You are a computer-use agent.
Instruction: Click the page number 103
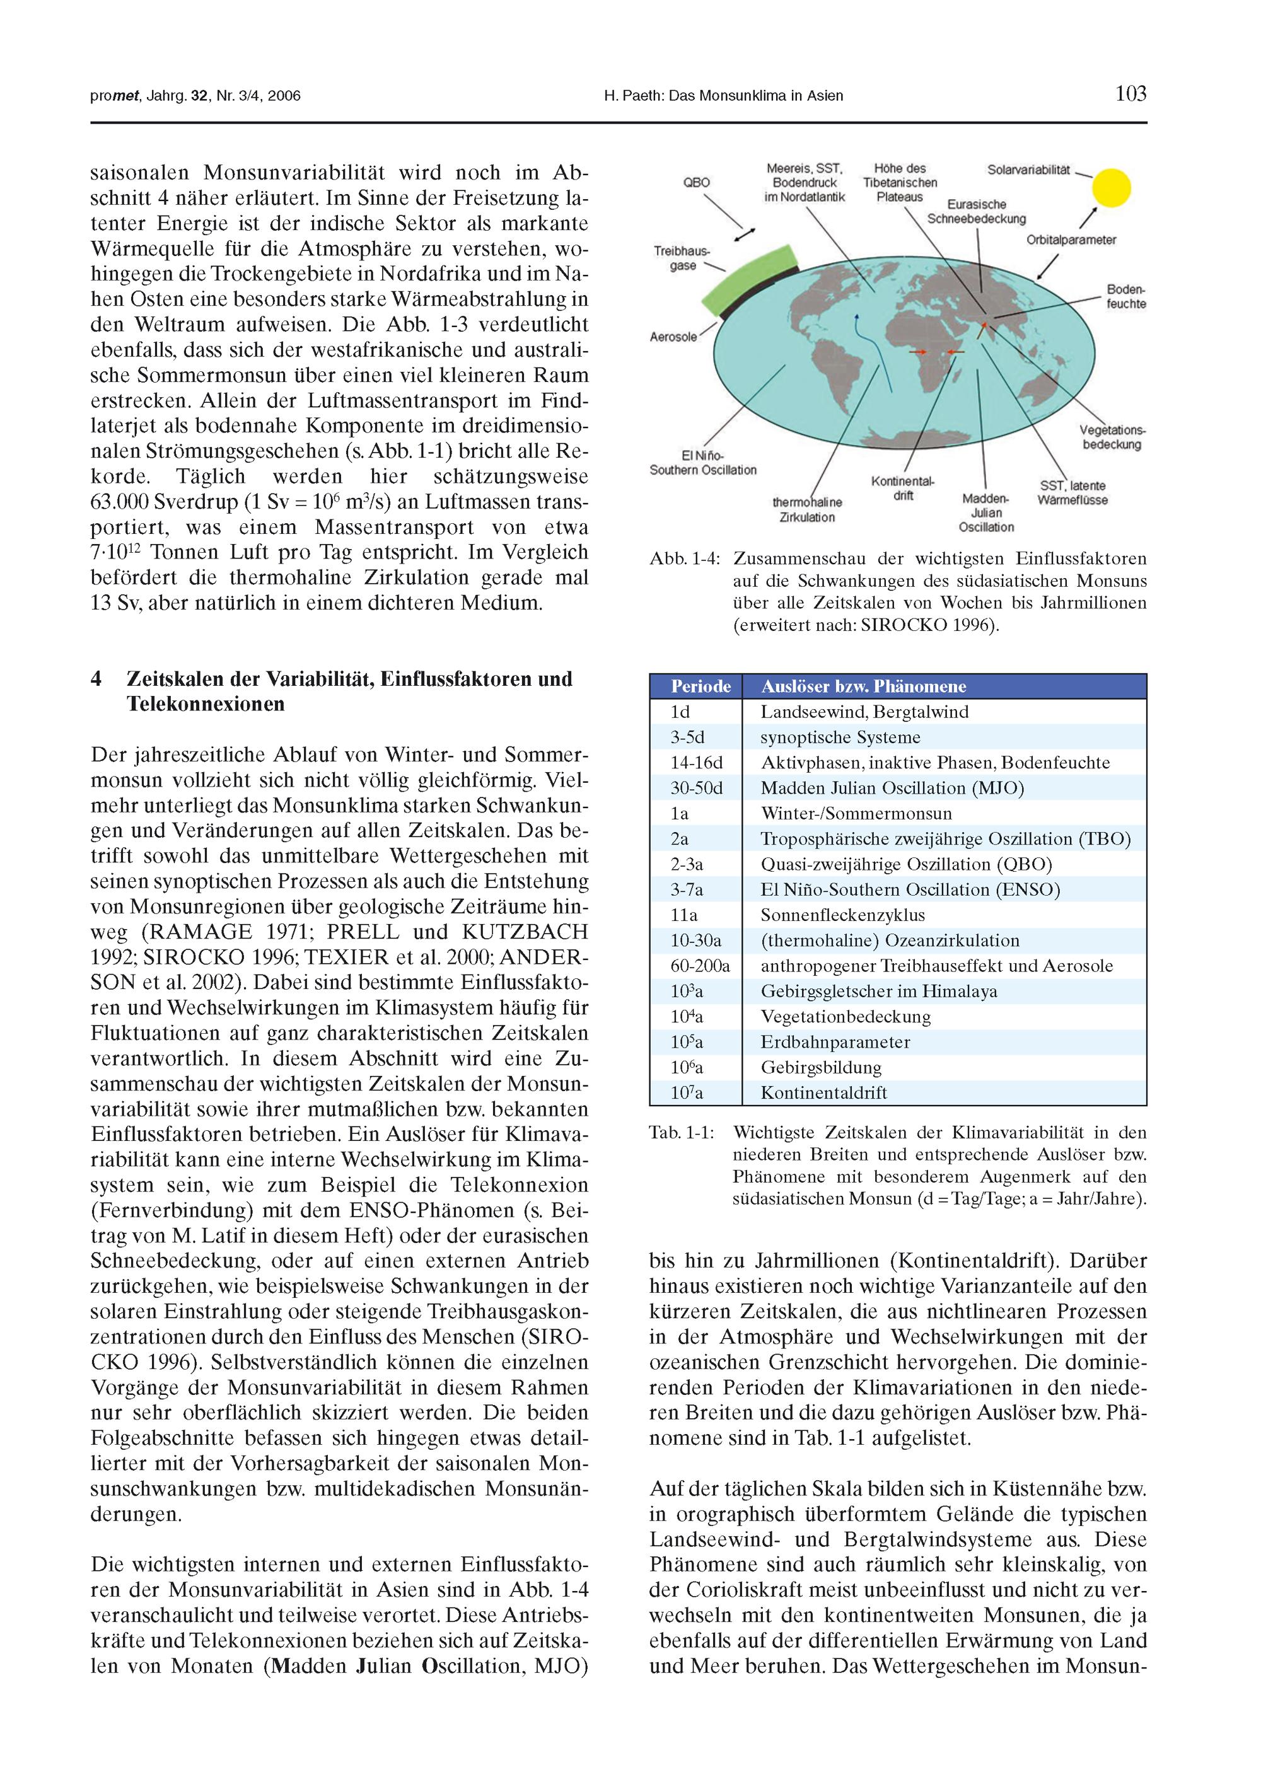[x=1130, y=95]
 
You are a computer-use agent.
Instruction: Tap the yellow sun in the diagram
[x=1110, y=188]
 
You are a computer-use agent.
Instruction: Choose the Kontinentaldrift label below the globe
[x=903, y=488]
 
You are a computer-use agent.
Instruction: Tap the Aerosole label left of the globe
[x=673, y=337]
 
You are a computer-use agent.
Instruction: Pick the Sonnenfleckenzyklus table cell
[x=842, y=916]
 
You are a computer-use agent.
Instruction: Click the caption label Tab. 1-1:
[x=681, y=1133]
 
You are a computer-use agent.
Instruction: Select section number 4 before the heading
[x=96, y=679]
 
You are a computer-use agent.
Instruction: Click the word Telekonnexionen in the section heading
[x=205, y=705]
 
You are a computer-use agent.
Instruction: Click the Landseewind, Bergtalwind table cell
[x=864, y=712]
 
